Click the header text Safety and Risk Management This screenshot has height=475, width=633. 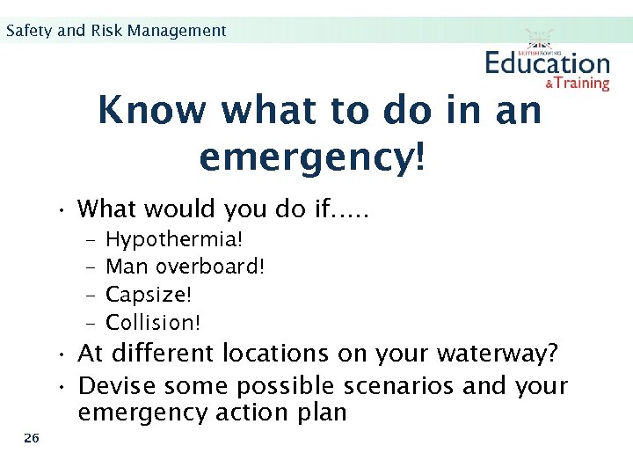coord(115,31)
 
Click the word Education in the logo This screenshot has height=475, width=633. coord(547,63)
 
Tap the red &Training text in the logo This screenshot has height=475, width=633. coord(577,83)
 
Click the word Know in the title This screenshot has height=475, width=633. coord(152,111)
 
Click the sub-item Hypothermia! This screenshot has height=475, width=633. coord(174,238)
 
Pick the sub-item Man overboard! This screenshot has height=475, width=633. coord(185,267)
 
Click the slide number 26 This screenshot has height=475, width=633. coord(32,438)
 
